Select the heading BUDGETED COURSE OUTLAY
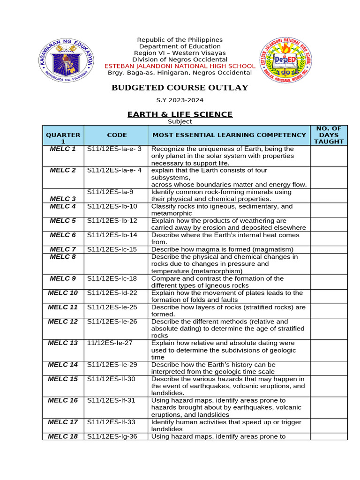tap(180, 88)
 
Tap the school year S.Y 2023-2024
tap(180, 100)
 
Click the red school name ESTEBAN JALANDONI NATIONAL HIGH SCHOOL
tap(180, 66)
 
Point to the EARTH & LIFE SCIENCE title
tap(180, 114)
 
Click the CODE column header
tap(117, 135)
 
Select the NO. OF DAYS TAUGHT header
tap(329, 135)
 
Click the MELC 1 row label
tap(63, 149)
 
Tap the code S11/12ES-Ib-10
tap(112, 206)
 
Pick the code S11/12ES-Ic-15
tap(112, 249)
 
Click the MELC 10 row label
tap(63, 293)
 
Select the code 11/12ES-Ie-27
tap(110, 343)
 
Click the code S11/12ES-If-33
tap(112, 422)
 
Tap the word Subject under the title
tap(180, 121)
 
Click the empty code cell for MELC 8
tap(116, 264)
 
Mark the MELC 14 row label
tap(63, 365)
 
